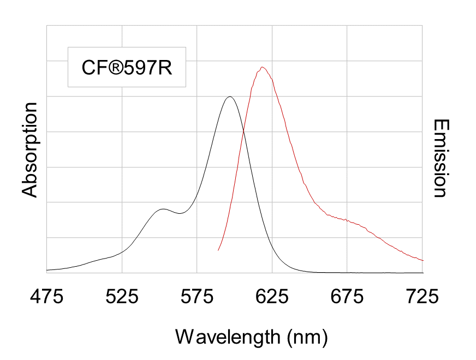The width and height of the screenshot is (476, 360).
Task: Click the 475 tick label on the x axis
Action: [x=47, y=297]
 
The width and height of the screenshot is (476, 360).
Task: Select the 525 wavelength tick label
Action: [x=122, y=297]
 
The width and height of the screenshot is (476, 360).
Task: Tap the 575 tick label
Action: [x=197, y=297]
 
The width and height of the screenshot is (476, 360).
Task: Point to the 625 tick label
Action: [x=272, y=297]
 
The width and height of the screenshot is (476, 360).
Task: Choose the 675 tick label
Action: [x=348, y=297]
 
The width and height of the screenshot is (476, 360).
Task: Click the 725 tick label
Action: [x=423, y=297]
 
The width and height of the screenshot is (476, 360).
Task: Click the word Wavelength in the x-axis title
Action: [x=226, y=337]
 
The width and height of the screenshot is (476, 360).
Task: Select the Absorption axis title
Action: [x=29, y=149]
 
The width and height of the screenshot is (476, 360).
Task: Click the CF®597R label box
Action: [x=127, y=67]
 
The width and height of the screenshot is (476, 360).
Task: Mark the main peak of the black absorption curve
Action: [x=230, y=97]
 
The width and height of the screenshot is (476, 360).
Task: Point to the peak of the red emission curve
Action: [x=263, y=67]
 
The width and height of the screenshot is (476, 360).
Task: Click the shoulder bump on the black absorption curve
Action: [x=163, y=209]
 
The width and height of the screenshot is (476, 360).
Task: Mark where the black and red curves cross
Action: [x=243, y=131]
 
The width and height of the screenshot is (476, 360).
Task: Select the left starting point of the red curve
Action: [x=218, y=250]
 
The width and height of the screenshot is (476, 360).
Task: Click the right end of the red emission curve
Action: [x=423, y=260]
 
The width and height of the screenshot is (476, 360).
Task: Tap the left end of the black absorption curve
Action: [x=47, y=270]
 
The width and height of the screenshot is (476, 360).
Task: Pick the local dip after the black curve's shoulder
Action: [x=179, y=213]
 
